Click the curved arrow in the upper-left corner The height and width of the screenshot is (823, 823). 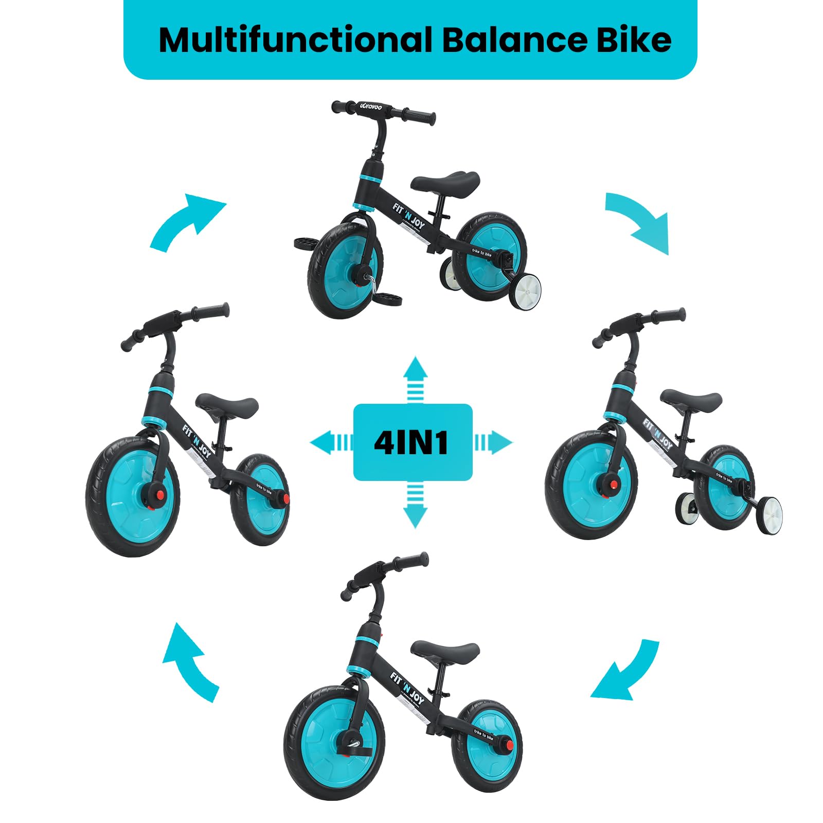pos(188,221)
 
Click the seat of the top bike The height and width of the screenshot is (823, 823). pos(446,183)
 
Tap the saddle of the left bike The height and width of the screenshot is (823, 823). pos(227,405)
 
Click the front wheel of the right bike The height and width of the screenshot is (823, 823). pos(591,485)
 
